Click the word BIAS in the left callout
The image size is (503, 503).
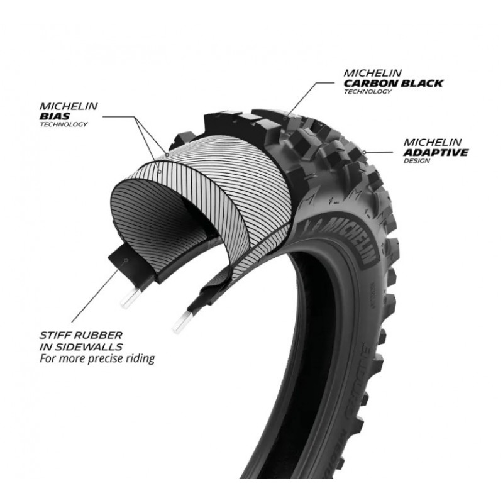tap(55, 116)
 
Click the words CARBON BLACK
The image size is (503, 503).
tap(394, 83)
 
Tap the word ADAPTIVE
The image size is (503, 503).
tap(436, 152)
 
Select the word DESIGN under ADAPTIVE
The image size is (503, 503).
tap(416, 161)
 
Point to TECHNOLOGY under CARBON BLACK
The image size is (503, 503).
tap(368, 91)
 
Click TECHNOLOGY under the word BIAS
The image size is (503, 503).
tap(64, 124)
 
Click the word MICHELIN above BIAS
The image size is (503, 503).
tap(69, 106)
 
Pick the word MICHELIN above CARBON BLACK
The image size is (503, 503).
tap(372, 73)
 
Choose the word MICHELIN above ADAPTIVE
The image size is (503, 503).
tap(433, 142)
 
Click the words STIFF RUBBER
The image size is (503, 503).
tap(81, 336)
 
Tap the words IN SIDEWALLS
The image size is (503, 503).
tap(81, 347)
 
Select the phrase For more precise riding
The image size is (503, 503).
tap(97, 358)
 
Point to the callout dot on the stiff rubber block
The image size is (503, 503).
tap(127, 260)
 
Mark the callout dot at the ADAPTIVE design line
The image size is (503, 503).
tap(364, 152)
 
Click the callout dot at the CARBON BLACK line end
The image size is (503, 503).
tap(285, 119)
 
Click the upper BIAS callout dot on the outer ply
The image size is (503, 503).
tap(167, 155)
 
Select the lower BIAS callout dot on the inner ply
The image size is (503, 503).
tap(160, 171)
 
